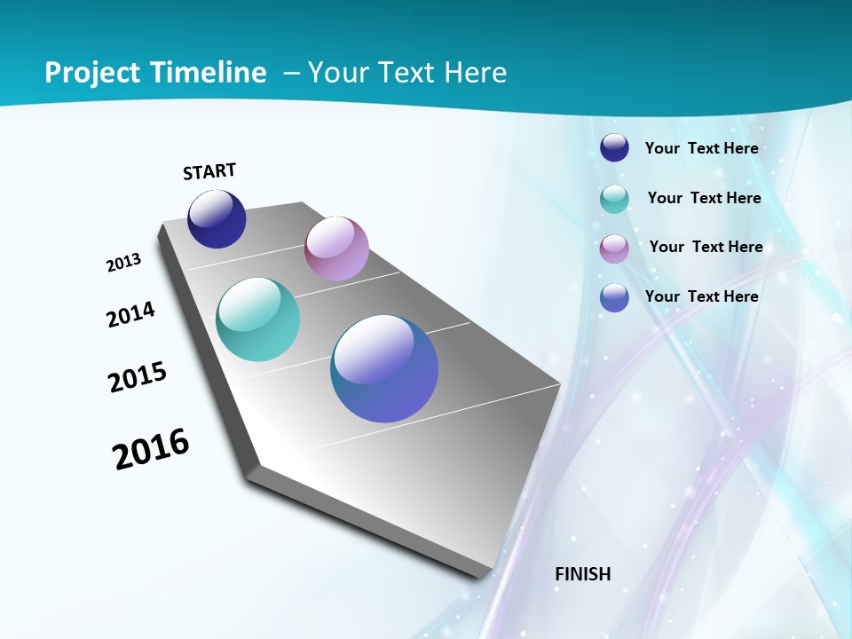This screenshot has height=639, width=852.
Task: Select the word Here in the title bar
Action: tap(475, 73)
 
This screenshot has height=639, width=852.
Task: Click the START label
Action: tap(209, 171)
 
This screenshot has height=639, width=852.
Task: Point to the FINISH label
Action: tap(583, 574)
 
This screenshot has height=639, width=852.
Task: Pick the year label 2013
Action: tap(124, 263)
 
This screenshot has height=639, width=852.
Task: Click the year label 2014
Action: tap(131, 315)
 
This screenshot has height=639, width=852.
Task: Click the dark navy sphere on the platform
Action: tap(217, 218)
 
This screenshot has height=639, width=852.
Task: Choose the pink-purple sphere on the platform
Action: tap(336, 248)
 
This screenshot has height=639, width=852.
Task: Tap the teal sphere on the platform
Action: tap(258, 319)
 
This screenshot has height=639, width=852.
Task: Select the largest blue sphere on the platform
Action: tap(384, 368)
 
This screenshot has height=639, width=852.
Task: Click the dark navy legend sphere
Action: tap(614, 147)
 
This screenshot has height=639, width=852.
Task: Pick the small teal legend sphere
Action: tap(614, 199)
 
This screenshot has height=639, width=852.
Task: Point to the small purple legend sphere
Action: tap(614, 248)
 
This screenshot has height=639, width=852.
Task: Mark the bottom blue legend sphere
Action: tap(614, 297)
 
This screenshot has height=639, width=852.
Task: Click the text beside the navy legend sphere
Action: tap(701, 148)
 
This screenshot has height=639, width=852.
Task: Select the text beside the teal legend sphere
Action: tap(704, 198)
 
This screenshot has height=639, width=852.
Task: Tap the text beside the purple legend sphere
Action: tap(706, 247)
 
